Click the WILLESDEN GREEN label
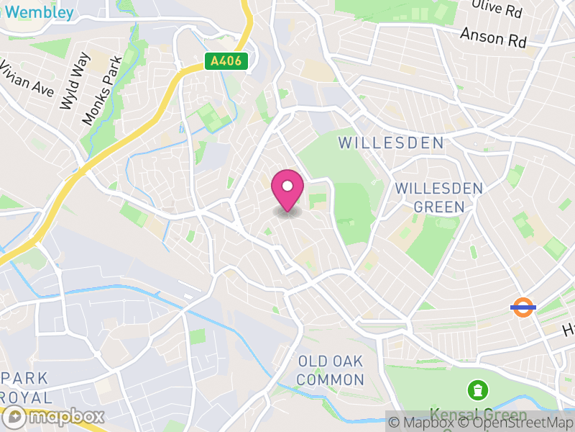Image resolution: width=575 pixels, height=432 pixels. [x=439, y=197]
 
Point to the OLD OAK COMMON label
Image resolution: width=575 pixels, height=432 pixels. [x=331, y=370]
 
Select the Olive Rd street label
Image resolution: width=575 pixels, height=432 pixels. [x=495, y=11]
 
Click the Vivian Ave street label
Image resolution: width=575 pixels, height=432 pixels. [x=27, y=78]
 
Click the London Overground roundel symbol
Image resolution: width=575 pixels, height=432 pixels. [x=523, y=307]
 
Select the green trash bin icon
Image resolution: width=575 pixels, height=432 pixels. [x=477, y=391]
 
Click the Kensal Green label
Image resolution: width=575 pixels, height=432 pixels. [x=477, y=415]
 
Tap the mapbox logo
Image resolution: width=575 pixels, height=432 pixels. [x=54, y=416]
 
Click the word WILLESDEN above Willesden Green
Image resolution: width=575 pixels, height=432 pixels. [x=391, y=143]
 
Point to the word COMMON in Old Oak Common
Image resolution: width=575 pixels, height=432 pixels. [x=331, y=379]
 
